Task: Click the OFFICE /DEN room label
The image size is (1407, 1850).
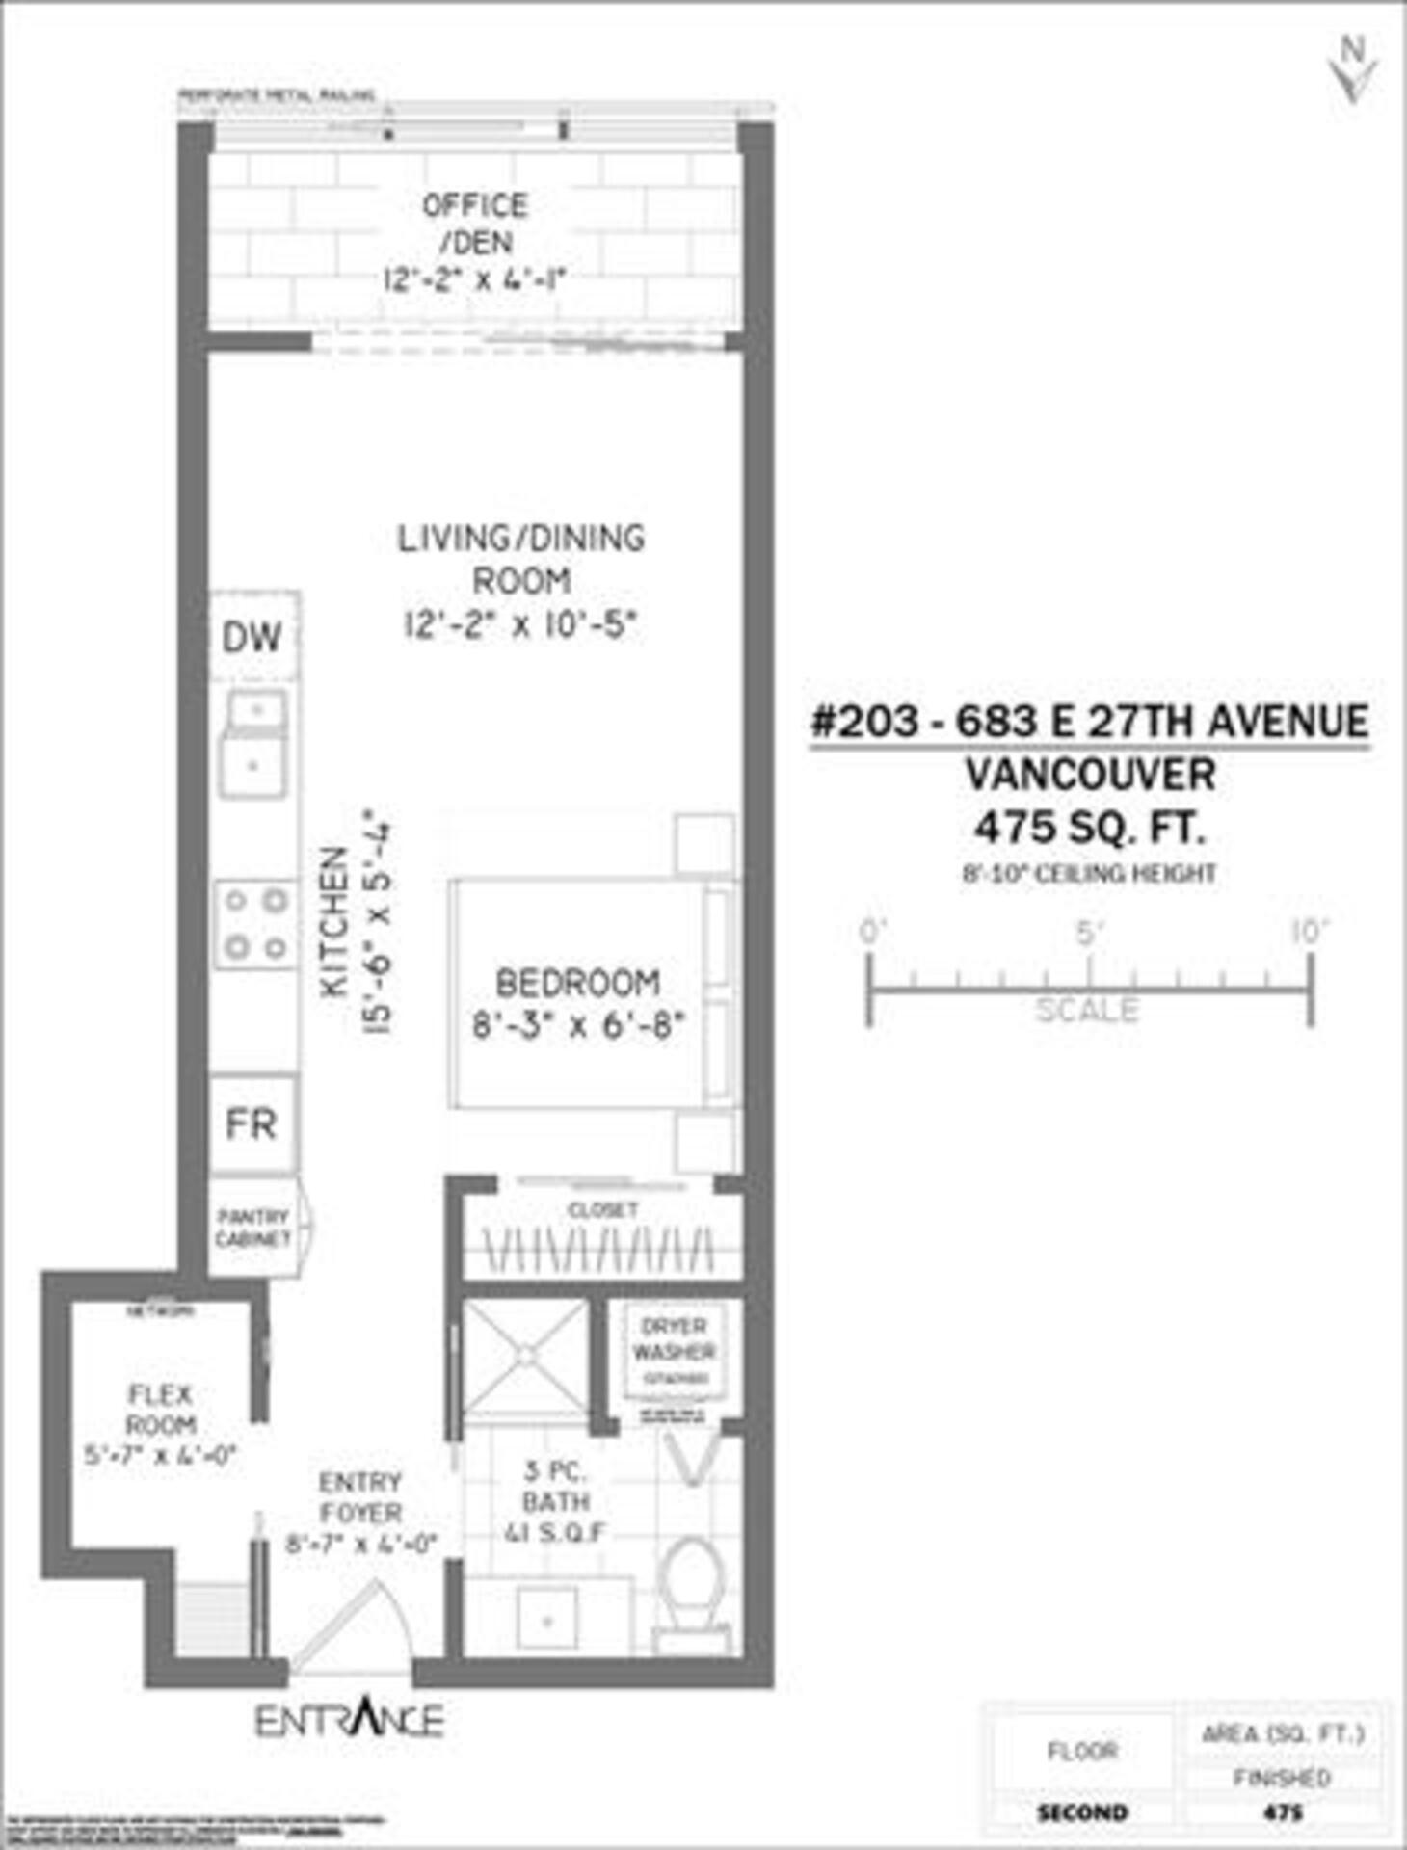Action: click(474, 224)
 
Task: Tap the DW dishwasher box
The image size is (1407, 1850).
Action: click(252, 636)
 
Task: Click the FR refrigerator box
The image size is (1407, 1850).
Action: click(252, 1123)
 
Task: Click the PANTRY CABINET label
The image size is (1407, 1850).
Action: click(252, 1228)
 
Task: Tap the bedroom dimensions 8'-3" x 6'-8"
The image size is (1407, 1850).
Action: click(577, 1025)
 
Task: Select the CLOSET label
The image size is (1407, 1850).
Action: click(602, 1209)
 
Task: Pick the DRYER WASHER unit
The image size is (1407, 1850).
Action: click(674, 1349)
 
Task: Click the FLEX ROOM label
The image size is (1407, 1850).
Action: click(161, 1409)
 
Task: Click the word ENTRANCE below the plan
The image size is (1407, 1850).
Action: click(349, 1720)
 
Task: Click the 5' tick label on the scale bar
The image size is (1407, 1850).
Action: click(1089, 933)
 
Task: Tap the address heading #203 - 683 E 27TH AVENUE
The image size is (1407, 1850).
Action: click(1089, 722)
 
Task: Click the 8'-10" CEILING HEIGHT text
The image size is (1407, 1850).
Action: click(1089, 873)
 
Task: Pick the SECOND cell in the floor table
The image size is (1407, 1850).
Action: click(1081, 1812)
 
